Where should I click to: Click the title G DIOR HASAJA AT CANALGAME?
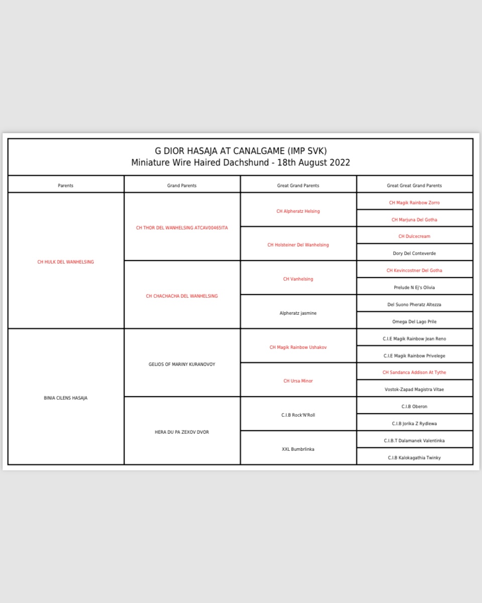pos(240,151)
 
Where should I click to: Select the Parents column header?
pos(66,186)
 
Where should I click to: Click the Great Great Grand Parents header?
pos(414,186)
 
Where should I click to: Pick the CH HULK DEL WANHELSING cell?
pos(66,262)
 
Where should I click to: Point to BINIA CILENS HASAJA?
pos(66,398)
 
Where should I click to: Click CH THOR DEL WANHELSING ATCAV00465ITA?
pos(182,228)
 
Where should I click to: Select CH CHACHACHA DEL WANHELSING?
pos(182,296)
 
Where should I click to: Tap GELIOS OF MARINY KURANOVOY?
pos(182,365)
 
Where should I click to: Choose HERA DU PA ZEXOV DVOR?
pos(182,432)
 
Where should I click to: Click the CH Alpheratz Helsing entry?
pos(298,211)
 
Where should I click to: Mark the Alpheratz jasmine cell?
pos(298,313)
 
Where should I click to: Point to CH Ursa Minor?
pos(298,381)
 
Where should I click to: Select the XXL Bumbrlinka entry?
pos(298,449)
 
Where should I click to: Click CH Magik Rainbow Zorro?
pos(414,203)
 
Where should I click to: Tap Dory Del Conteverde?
pos(414,254)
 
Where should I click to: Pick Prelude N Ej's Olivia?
pos(414,288)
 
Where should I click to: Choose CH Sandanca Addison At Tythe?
pos(414,373)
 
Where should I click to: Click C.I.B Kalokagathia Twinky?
pos(414,458)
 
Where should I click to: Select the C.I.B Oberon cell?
pos(414,407)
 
